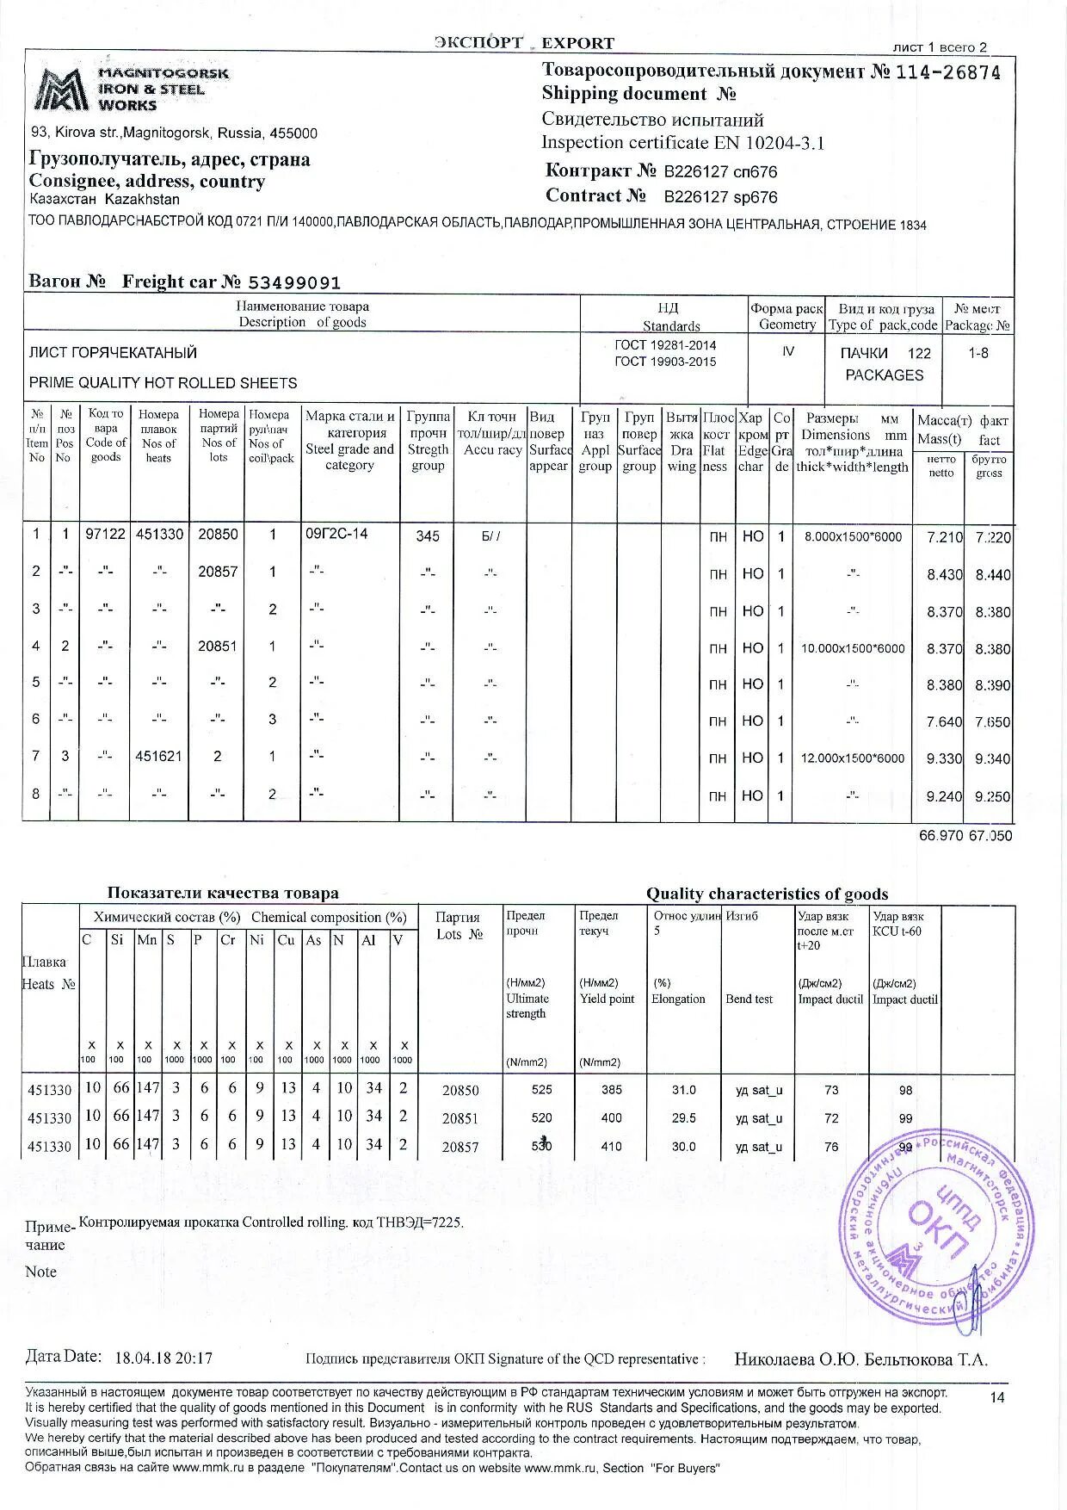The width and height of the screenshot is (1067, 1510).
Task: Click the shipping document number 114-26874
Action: pyautogui.click(x=947, y=72)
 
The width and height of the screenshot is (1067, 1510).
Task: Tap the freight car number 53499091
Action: pyautogui.click(x=294, y=282)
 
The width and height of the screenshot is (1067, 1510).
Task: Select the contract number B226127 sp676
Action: pyautogui.click(x=720, y=196)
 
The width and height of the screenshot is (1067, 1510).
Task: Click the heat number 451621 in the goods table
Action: pyautogui.click(x=158, y=757)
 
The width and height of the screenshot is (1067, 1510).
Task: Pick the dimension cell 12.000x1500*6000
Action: pyautogui.click(x=853, y=758)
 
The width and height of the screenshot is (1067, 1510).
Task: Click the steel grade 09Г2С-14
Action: pyautogui.click(x=336, y=534)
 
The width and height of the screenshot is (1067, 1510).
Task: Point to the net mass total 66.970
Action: pyautogui.click(x=941, y=835)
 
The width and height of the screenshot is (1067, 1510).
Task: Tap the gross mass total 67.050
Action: pyautogui.click(x=990, y=835)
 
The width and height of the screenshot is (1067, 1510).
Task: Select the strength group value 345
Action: pyautogui.click(x=428, y=536)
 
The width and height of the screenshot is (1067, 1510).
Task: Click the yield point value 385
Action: pyautogui.click(x=612, y=1090)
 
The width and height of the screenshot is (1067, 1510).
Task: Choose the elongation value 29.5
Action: pyautogui.click(x=684, y=1118)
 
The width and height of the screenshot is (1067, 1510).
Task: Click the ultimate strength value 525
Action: pyautogui.click(x=542, y=1090)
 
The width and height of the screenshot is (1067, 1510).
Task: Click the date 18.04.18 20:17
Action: pyautogui.click(x=163, y=1358)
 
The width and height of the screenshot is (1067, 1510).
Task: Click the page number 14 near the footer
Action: pyautogui.click(x=996, y=1397)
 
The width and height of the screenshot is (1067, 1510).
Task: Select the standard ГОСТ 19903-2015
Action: pyautogui.click(x=665, y=362)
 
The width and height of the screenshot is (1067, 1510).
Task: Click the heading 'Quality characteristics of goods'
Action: pyautogui.click(x=767, y=894)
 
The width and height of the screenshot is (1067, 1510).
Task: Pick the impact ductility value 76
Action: pyautogui.click(x=831, y=1147)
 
